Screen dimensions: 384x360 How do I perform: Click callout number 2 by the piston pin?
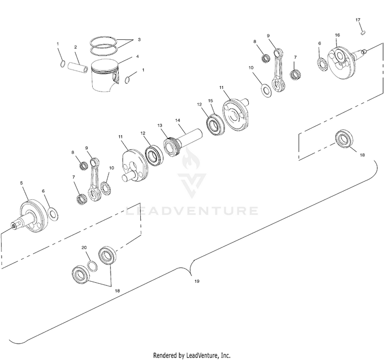75,47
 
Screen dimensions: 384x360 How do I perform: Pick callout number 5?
22,183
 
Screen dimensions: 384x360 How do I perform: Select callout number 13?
160,125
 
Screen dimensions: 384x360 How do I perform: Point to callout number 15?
210,101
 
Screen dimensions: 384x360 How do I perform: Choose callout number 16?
337,35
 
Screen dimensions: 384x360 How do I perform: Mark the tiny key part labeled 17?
362,32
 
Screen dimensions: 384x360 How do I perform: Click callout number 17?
358,20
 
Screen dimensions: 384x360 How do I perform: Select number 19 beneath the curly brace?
196,281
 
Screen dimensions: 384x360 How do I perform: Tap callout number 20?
84,247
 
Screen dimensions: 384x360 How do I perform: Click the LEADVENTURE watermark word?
192,211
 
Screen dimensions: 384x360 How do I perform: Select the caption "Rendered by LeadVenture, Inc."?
192,355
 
